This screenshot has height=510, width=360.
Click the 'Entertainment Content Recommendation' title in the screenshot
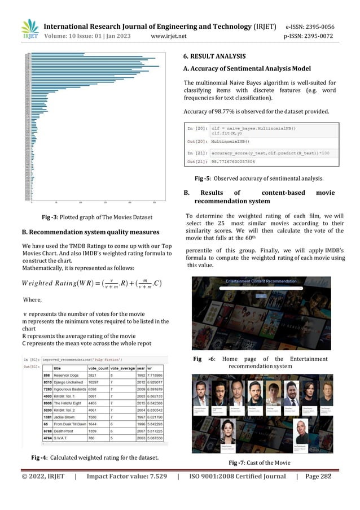click(262, 281)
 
